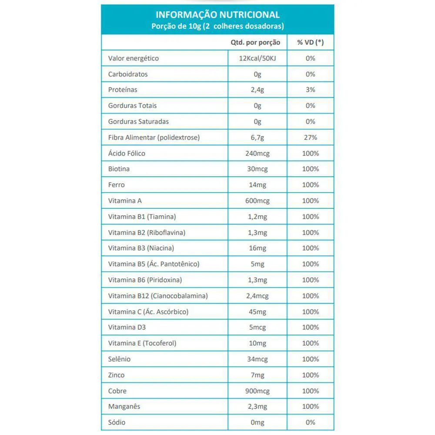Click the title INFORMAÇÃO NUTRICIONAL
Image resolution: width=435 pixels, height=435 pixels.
pos(217,15)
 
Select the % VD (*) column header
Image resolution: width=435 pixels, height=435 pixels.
pos(310,43)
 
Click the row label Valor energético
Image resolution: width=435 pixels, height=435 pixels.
pos(134,58)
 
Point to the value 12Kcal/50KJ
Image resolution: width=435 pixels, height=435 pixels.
pos(258,58)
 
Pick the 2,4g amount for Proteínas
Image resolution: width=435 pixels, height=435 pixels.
pos(258,90)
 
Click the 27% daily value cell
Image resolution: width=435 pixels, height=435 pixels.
pos(310,137)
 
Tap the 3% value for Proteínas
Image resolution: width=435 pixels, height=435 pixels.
pos(310,90)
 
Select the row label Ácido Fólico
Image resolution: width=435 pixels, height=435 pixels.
pos(127,153)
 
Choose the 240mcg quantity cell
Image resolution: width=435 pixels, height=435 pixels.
pos(258,153)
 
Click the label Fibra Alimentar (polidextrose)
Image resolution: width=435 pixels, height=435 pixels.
pos(154,137)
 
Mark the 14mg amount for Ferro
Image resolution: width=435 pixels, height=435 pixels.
pos(258,185)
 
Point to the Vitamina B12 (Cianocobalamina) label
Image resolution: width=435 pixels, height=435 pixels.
pos(158,296)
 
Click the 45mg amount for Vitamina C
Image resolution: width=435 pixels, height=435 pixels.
pos(258,312)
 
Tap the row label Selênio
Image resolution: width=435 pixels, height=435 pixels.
pos(119,359)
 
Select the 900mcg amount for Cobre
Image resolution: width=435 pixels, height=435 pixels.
pos(258,391)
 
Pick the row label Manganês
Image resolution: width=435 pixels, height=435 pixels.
pos(124,407)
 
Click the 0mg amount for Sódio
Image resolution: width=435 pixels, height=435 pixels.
pos(258,422)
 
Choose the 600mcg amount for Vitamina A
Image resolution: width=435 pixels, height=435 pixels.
pos(258,201)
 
